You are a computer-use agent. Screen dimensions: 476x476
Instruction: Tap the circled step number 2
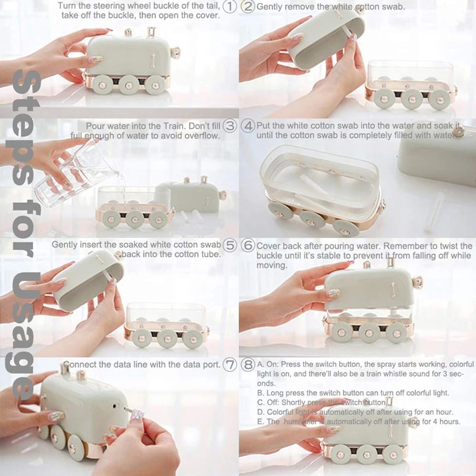tap(248, 7)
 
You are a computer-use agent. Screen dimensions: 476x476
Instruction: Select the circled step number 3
tap(230, 126)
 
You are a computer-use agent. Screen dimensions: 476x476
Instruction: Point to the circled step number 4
tap(248, 126)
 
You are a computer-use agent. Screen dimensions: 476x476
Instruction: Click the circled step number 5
tap(230, 245)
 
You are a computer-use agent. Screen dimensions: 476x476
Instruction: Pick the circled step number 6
tap(248, 245)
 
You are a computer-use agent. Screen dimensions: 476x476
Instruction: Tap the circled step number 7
tap(230, 364)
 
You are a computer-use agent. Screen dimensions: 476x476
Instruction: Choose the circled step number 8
tap(248, 364)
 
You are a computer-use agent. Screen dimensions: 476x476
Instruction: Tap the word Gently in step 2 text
tap(271, 7)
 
